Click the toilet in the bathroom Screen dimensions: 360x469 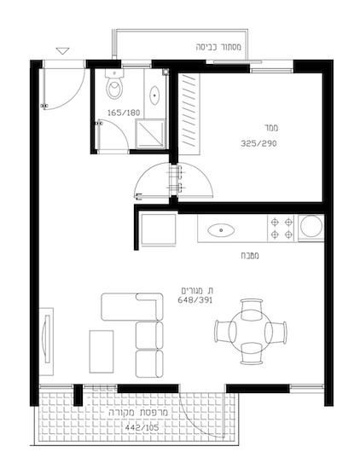[114, 84]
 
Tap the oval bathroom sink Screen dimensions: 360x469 [154, 96]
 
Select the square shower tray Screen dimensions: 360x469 [150, 134]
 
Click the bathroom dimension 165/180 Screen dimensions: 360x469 [124, 113]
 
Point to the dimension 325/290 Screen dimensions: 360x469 [258, 143]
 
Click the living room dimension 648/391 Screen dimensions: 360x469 [195, 300]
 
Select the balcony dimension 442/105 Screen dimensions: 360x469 [142, 428]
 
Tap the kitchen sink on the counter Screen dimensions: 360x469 [221, 230]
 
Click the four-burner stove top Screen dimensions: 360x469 [282, 229]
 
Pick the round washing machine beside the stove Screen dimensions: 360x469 [311, 226]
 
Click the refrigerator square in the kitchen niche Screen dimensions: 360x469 [159, 229]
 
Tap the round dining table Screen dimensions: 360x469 [251, 332]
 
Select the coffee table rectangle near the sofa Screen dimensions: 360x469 [102, 351]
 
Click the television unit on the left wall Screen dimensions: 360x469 [46, 341]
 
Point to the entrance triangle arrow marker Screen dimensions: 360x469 [62, 51]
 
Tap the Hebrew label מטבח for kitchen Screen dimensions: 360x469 [250, 256]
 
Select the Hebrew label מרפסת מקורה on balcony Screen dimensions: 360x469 [138, 412]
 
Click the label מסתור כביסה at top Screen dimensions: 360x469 [218, 47]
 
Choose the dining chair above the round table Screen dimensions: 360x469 [252, 308]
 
